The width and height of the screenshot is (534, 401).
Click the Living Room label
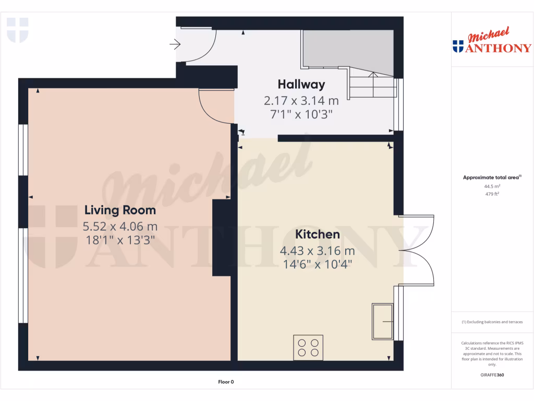tap(120, 210)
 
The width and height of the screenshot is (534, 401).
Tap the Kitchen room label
tap(318, 234)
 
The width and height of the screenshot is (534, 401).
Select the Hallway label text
tap(301, 84)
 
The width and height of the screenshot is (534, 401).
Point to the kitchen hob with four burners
tap(308, 347)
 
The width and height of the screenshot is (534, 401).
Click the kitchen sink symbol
tap(383, 321)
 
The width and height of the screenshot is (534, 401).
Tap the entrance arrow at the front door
tap(175, 45)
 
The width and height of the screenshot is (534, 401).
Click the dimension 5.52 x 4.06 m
tap(120, 227)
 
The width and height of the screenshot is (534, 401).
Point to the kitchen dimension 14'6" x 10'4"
tap(318, 264)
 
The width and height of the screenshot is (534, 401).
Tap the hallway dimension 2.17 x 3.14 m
tap(301, 100)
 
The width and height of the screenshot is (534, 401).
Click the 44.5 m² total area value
tap(492, 186)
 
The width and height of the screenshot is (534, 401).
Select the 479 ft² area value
tap(492, 194)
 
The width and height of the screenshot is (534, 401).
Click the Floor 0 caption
tap(226, 382)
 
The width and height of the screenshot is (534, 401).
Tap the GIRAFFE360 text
tap(492, 375)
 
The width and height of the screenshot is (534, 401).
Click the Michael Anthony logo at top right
tap(492, 42)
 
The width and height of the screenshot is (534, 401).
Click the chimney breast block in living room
tap(222, 238)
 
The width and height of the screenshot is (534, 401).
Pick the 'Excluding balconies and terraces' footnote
tap(492, 322)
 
